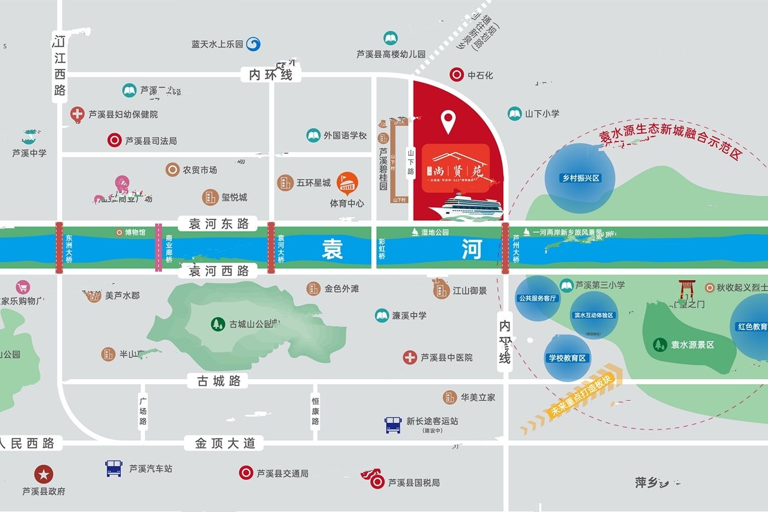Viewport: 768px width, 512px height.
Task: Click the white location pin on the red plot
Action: coord(449,121)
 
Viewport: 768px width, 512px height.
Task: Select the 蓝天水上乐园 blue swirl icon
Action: coord(253,44)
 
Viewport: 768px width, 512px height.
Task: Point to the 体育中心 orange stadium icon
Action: coord(347,183)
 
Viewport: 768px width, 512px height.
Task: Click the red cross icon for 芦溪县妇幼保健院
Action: coord(77,114)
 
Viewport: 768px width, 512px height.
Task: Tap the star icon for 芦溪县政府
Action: coord(44,474)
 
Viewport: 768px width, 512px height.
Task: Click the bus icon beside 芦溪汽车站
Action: coord(114,468)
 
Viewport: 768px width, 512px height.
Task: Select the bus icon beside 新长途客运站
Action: coord(393,425)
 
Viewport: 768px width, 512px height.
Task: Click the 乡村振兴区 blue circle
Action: coord(580,178)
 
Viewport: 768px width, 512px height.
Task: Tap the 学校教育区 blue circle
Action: coord(567,358)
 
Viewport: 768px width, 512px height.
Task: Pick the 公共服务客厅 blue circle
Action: coord(537,299)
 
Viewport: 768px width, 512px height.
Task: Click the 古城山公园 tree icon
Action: coord(218,324)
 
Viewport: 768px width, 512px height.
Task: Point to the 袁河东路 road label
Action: coord(218,224)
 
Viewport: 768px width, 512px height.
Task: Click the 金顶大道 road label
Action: coord(225,443)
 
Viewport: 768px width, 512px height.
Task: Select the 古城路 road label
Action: coord(219,381)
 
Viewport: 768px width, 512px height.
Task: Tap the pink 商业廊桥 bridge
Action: coord(159,247)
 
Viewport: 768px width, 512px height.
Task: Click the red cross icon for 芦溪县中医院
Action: coord(410,357)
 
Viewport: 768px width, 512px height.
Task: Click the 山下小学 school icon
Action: coord(515,114)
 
